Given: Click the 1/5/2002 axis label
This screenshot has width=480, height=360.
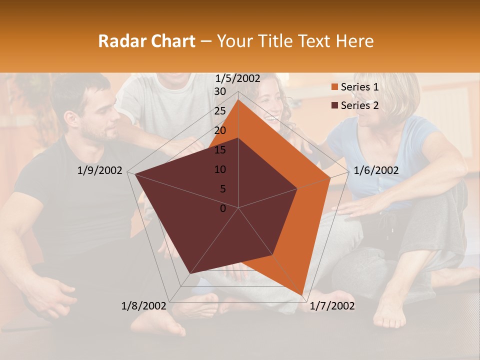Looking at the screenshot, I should pyautogui.click(x=238, y=78).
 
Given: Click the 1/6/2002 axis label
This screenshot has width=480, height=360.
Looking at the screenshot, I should pyautogui.click(x=376, y=170).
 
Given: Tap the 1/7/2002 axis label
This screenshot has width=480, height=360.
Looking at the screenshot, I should pyautogui.click(x=332, y=306).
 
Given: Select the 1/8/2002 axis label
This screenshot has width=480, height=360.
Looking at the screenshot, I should pyautogui.click(x=143, y=306).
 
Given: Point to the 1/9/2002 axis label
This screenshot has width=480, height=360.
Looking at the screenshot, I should pyautogui.click(x=100, y=170).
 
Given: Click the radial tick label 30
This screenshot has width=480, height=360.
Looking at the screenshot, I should pyautogui.click(x=220, y=91).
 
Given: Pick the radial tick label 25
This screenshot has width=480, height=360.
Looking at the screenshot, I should pyautogui.click(x=220, y=111).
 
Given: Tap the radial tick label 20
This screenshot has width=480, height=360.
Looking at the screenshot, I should pyautogui.click(x=220, y=130).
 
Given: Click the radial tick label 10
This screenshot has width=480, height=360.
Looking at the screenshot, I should pyautogui.click(x=220, y=169).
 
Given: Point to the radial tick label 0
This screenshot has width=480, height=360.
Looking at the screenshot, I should pyautogui.click(x=223, y=208).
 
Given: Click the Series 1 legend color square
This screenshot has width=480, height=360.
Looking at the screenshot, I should pyautogui.click(x=335, y=87).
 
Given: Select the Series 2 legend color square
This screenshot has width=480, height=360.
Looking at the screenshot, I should pyautogui.click(x=335, y=105).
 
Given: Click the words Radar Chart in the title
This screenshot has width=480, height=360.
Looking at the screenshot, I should pyautogui.click(x=146, y=41).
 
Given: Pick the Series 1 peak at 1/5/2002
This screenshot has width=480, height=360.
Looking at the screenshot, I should pyautogui.click(x=238, y=99).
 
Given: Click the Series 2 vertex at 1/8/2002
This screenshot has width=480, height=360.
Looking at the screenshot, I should pyautogui.click(x=190, y=273).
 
